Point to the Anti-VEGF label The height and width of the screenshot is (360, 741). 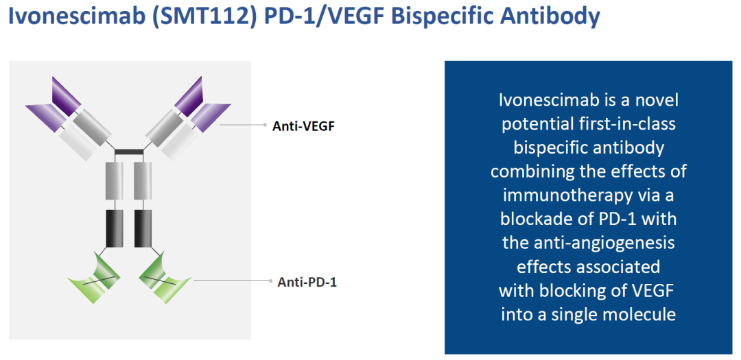click(303, 125)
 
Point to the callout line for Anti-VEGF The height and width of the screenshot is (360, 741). click(244, 125)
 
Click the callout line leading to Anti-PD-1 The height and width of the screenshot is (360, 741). click(233, 280)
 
